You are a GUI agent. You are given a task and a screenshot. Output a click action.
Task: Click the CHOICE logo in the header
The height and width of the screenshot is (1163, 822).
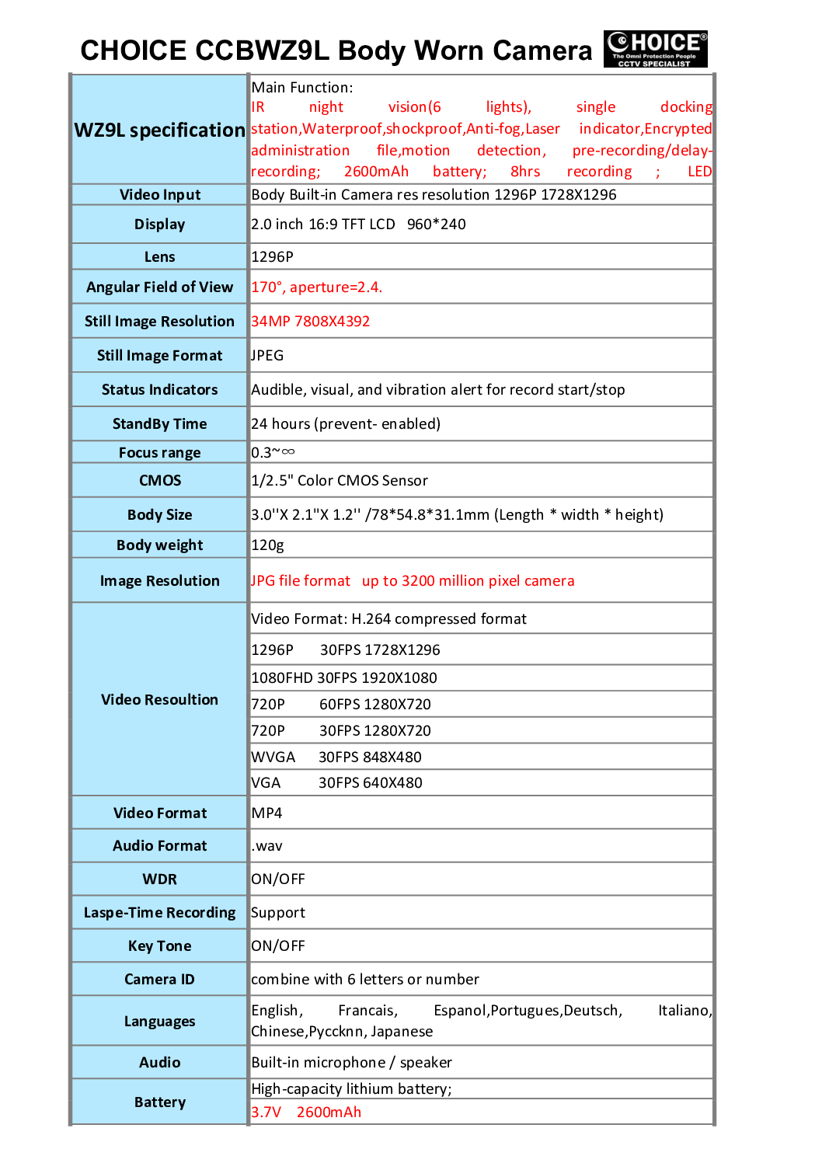pos(655,49)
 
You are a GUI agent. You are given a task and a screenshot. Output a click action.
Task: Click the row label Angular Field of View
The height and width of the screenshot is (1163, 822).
pos(159,287)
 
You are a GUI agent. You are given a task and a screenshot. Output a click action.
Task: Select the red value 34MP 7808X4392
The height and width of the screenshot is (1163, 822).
pos(310,322)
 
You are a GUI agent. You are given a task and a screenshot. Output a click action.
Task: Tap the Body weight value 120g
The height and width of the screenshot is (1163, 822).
pos(267,545)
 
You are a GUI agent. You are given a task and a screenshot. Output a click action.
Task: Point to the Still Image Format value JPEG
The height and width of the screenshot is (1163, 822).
pos(267,356)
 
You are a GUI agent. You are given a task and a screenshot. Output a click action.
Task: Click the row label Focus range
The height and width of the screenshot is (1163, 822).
pos(159,453)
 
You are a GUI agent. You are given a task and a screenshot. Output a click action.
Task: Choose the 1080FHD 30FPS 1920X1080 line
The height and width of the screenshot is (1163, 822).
pos(343,678)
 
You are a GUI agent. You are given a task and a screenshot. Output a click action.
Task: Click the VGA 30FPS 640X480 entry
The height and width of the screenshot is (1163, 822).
pos(336,783)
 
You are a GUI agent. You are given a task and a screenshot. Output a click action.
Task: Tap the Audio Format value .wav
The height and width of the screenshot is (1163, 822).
pos(266,846)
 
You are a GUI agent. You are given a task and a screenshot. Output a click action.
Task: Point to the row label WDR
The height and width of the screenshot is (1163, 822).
pos(159,879)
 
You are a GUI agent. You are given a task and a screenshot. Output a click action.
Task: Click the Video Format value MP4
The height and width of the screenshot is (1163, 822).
pos(266,813)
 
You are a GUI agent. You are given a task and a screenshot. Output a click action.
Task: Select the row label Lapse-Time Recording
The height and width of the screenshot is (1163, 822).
pos(159,913)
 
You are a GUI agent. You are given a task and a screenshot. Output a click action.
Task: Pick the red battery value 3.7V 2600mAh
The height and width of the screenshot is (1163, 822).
pos(305,1113)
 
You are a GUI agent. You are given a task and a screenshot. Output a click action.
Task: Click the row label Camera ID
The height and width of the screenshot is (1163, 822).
pos(159,980)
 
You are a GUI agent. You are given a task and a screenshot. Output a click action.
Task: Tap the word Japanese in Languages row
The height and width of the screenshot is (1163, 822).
pos(402,1032)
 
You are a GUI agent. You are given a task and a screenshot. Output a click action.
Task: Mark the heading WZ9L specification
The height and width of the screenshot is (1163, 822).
pos(159,130)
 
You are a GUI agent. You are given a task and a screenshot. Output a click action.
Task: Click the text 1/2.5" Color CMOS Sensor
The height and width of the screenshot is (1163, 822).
pos(339,481)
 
